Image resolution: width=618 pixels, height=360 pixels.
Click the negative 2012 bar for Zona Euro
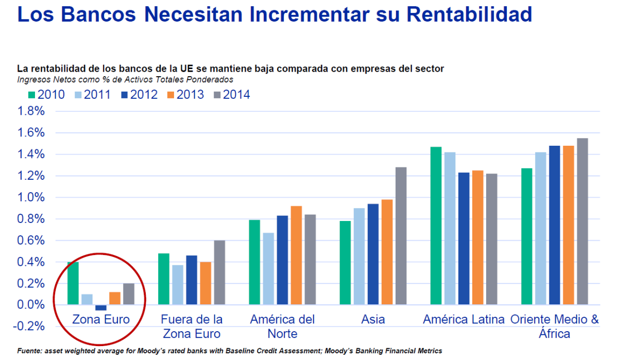[101, 307]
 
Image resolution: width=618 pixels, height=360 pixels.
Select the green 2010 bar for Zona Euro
[73, 283]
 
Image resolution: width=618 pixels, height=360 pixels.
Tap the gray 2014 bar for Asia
[401, 236]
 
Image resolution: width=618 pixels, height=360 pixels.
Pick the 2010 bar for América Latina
[436, 226]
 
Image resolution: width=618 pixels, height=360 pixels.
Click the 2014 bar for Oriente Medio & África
[582, 221]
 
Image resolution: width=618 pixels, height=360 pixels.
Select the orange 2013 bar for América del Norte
[296, 255]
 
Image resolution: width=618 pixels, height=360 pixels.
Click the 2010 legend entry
[46, 95]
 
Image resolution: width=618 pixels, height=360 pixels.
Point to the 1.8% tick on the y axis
[31, 111]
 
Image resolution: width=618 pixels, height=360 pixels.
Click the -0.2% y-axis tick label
[29, 327]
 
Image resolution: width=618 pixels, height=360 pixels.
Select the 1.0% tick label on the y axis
[31, 197]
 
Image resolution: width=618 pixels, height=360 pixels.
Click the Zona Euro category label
[100, 319]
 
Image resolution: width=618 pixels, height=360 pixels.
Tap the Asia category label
[373, 319]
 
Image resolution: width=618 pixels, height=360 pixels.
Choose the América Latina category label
[463, 319]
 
